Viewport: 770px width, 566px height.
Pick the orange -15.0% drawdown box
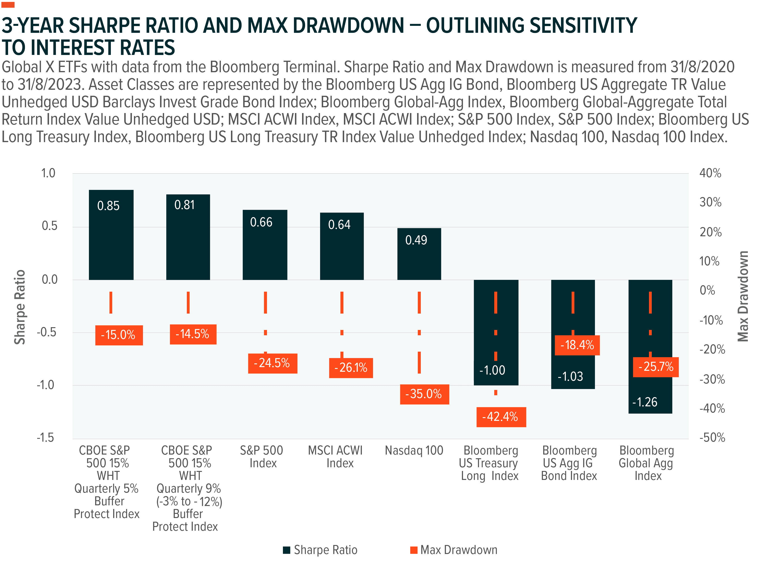(x=119, y=335)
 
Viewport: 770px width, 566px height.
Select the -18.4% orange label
(x=577, y=345)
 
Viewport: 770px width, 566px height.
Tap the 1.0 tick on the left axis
(x=48, y=173)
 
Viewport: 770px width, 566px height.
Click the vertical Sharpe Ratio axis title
(x=20, y=307)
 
